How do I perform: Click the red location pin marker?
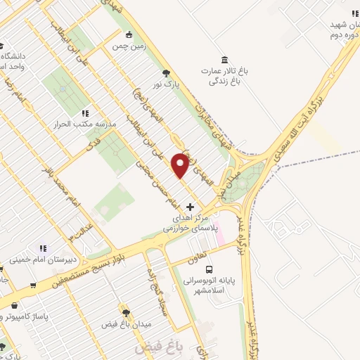pos(180,165)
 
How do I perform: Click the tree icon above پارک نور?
pos(166,72)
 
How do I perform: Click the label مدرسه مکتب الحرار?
pos(85,124)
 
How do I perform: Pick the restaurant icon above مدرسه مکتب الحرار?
pos(85,112)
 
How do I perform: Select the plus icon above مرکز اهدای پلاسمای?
pos(190,207)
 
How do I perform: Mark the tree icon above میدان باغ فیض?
pos(126,313)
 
